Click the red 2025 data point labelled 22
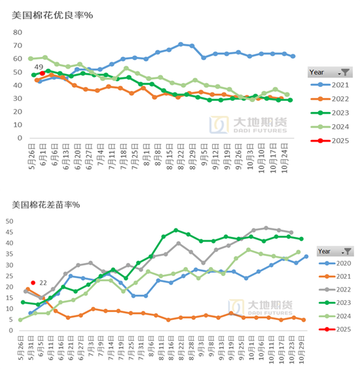coord(33,283)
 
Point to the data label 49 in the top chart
coord(39,67)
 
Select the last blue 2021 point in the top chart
coord(292,56)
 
